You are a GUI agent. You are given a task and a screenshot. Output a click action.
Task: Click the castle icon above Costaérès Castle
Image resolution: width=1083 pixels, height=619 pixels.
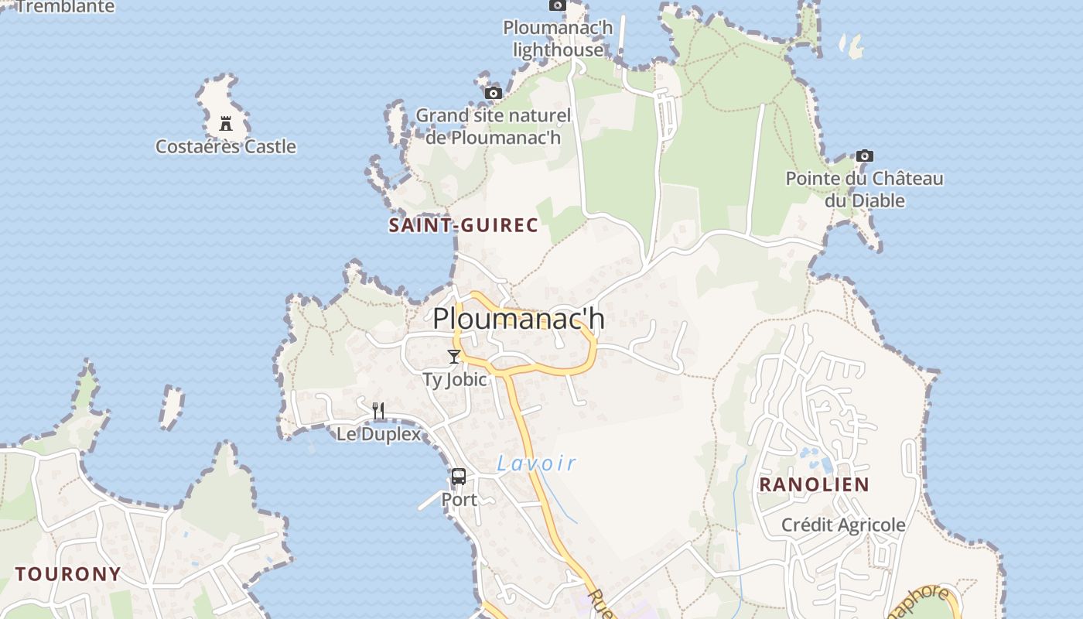pos(226,124)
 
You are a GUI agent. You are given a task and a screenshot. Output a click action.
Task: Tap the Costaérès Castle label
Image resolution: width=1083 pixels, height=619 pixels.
pos(226,146)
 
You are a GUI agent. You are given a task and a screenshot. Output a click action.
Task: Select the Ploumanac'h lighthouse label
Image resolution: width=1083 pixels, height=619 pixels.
pos(558,39)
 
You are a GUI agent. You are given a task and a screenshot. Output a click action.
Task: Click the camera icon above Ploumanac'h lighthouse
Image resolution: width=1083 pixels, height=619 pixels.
pos(557,5)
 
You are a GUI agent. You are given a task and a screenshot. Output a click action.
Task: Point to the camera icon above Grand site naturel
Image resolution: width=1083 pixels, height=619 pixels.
pos(493,94)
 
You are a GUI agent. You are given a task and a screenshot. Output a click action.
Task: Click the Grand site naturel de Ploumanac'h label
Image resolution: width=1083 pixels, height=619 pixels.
pos(494,127)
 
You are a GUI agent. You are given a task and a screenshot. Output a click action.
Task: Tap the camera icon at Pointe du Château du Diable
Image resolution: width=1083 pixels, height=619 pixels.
pos(865,156)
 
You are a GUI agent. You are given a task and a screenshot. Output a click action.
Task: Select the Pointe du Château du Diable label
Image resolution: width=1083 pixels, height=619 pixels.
pos(865,190)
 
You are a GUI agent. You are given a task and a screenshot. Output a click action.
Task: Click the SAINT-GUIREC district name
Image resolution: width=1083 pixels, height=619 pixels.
pos(463,225)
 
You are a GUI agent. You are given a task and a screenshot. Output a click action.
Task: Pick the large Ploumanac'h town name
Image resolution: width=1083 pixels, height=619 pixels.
pos(518,318)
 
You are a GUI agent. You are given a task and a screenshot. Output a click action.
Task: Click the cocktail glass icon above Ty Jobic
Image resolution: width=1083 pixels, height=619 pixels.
pos(454,357)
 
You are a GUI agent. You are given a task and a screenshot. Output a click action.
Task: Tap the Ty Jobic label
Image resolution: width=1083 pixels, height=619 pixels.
pos(455,379)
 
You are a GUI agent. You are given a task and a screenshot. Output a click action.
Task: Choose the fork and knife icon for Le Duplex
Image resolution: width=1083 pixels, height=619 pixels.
pos(378,411)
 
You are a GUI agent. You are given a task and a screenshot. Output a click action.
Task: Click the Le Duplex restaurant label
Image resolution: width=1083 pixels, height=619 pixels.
pos(379,434)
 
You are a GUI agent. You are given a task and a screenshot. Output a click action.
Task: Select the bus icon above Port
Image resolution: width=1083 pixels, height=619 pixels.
pos(459,477)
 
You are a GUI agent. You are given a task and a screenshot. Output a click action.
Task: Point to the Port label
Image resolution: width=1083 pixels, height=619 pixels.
pos(460,500)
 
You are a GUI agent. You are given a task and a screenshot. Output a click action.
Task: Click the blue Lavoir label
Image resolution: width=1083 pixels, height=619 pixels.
pos(537,463)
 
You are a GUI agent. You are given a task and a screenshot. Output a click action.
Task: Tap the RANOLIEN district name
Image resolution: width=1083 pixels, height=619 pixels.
pos(814,484)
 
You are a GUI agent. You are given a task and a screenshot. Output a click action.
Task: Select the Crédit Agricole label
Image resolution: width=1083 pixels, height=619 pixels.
pos(843,525)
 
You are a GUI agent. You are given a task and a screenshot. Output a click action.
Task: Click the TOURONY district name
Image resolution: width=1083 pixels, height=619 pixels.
pos(68,574)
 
